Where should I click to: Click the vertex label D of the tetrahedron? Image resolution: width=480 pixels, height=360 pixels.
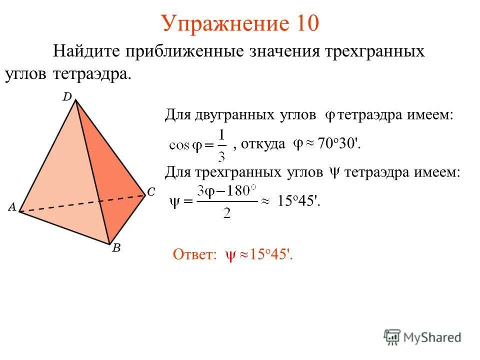pyautogui.click(x=67, y=96)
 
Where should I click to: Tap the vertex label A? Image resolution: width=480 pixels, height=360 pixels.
pyautogui.click(x=11, y=207)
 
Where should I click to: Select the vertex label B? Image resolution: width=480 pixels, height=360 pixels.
pyautogui.click(x=116, y=248)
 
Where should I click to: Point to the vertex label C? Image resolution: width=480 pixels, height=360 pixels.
pyautogui.click(x=152, y=191)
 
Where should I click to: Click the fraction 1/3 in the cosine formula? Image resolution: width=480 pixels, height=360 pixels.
pyautogui.click(x=222, y=145)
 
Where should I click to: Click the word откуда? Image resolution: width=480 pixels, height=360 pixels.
pyautogui.click(x=263, y=144)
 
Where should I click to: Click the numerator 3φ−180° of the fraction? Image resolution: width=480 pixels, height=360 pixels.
pyautogui.click(x=226, y=192)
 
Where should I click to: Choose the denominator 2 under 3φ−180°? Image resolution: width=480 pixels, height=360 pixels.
pyautogui.click(x=226, y=212)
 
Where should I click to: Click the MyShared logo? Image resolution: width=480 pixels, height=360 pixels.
pyautogui.click(x=422, y=337)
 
